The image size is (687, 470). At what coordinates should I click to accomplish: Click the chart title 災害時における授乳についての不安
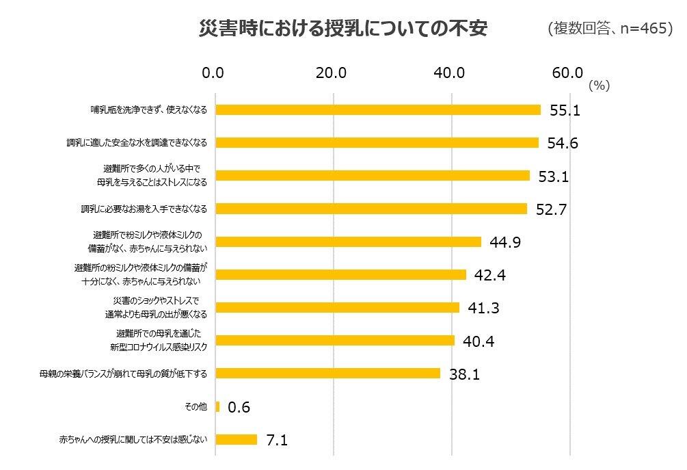342,29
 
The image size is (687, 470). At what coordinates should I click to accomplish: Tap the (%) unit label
598,86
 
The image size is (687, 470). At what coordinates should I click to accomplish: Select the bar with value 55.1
377,109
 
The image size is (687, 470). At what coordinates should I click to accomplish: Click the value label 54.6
563,143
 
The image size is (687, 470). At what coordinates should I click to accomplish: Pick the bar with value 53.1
372,176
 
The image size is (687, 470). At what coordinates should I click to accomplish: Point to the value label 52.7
552,209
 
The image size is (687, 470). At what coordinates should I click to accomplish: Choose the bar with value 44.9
348,241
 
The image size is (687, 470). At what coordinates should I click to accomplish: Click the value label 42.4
491,275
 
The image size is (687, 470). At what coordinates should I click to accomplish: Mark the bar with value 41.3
337,308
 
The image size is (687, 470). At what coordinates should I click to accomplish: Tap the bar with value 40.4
334,341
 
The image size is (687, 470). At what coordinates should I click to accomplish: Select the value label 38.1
466,374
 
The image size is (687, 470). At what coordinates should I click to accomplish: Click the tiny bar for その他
217,407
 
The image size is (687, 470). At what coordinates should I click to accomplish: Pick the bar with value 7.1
236,440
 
